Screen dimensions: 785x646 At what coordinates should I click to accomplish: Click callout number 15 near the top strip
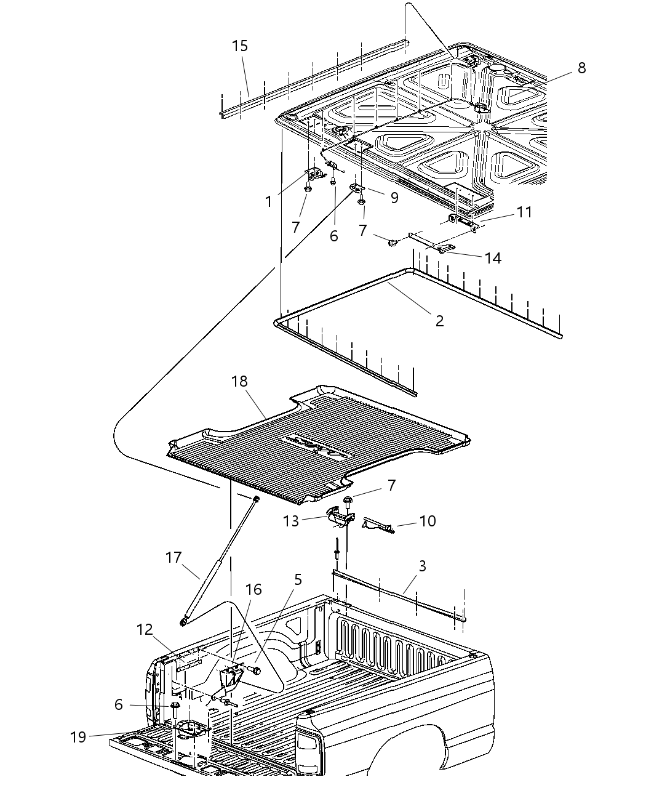240,46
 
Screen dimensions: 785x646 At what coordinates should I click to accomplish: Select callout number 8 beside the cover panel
581,68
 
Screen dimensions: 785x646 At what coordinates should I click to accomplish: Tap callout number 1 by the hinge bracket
268,201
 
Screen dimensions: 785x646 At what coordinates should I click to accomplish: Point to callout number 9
394,198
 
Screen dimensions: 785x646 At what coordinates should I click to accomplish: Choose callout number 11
524,212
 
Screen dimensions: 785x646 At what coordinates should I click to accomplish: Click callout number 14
493,258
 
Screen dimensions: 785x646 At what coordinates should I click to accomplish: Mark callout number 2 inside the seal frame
439,321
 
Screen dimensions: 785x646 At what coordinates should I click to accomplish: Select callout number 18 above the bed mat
239,382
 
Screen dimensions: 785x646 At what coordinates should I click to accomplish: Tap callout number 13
291,521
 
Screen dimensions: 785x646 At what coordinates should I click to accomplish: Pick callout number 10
427,521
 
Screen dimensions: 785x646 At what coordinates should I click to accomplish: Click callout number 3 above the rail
421,565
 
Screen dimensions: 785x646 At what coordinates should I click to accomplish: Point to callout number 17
174,557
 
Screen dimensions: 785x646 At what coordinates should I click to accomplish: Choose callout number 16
253,590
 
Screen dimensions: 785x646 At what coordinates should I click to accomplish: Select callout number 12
145,629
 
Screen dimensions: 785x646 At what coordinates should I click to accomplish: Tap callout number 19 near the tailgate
78,736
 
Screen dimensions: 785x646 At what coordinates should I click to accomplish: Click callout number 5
298,579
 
